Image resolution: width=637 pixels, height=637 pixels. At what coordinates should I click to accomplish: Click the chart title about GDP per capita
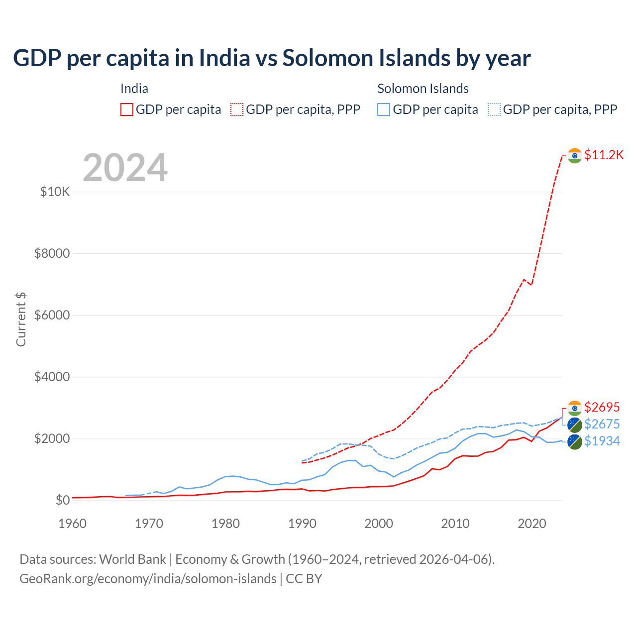(272, 58)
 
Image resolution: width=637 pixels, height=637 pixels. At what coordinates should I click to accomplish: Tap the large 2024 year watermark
(125, 168)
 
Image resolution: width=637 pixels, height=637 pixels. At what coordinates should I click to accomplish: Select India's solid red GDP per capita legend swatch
(127, 109)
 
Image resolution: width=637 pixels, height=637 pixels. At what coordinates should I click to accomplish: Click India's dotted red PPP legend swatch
(237, 109)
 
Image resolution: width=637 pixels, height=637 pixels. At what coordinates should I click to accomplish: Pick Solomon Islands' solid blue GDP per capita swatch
(384, 109)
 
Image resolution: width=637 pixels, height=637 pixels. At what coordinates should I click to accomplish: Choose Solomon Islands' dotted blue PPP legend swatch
(494, 109)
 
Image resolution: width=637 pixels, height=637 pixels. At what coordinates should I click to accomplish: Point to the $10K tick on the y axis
(55, 192)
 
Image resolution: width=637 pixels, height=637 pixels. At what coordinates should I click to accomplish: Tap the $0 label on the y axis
(62, 500)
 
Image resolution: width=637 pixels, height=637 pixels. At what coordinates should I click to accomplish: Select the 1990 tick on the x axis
(302, 524)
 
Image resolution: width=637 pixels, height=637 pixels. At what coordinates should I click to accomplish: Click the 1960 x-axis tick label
(73, 524)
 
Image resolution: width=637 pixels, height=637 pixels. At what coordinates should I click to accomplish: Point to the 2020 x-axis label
(532, 524)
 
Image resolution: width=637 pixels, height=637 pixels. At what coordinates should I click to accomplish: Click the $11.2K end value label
(604, 155)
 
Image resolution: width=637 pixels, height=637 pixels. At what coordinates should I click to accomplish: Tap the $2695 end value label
(602, 407)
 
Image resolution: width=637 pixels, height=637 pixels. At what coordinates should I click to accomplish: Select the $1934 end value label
(602, 441)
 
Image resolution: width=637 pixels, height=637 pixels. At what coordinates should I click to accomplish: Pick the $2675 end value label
(602, 424)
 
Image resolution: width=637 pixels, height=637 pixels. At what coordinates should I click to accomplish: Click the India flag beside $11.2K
(575, 156)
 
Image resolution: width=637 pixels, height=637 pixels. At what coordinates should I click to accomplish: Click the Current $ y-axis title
(21, 319)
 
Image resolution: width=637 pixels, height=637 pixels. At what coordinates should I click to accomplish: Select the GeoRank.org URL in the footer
(148, 579)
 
